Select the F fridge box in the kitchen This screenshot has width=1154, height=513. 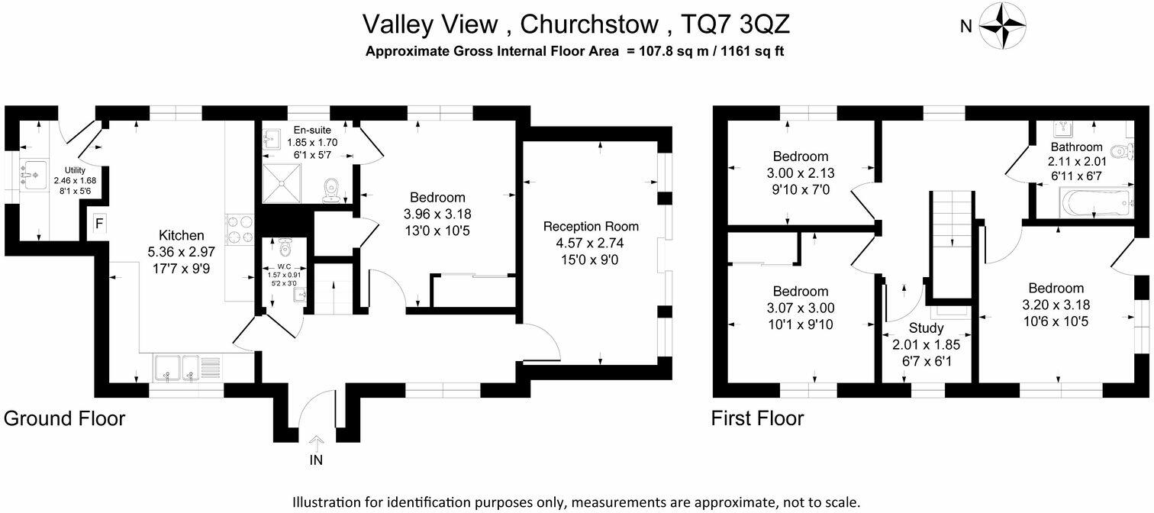coord(99,224)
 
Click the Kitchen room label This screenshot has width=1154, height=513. coord(181,235)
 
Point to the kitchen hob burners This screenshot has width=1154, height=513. coord(240,228)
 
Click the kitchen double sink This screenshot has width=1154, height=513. coord(176,368)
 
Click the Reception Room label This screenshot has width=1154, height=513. coord(591,227)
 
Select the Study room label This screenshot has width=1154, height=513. coord(925,329)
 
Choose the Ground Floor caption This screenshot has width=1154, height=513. coord(64,418)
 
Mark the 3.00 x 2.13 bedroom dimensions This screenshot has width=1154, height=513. coord(800,173)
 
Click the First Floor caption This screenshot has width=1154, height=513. coord(757,418)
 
